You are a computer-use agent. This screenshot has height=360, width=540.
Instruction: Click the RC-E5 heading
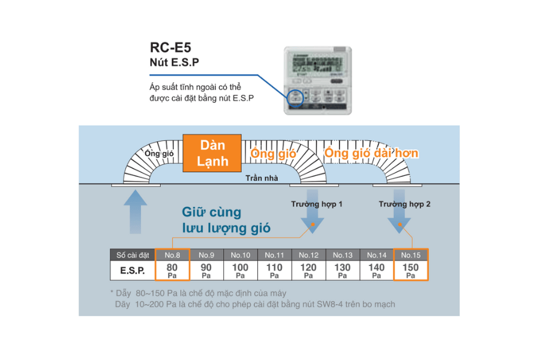pos(170,47)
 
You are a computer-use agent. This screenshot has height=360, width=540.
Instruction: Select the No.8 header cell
pos(172,255)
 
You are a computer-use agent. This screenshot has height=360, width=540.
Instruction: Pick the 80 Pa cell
pos(172,270)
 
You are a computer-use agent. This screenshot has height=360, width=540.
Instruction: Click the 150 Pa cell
pos(410,270)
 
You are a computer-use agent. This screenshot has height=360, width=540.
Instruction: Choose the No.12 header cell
pos(308,255)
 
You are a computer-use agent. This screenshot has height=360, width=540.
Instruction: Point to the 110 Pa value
pos(274,270)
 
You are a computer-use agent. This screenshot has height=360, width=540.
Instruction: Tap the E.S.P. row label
pos(132,271)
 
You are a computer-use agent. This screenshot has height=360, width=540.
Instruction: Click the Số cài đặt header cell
pos(132,255)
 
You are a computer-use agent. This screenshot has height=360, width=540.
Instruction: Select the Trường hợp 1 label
pos(317,204)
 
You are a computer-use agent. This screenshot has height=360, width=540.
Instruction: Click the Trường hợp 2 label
pos(404,204)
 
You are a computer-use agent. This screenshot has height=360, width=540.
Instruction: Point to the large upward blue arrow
pos(137,211)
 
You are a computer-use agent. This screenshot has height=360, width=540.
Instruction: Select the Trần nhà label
pos(262,178)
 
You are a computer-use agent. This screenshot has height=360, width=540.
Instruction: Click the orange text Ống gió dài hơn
pos(371,154)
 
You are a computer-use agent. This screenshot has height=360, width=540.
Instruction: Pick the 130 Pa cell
pos(343,270)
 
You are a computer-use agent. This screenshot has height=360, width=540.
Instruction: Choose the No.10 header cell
pos(241,255)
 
